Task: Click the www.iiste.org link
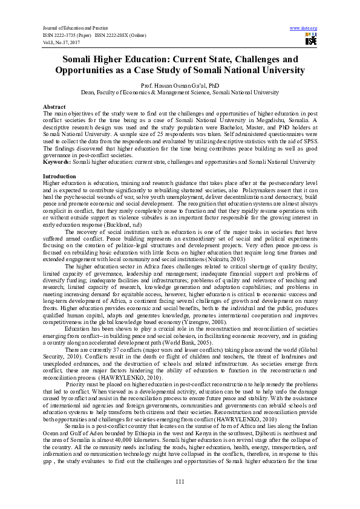(304, 28)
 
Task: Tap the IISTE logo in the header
(310, 40)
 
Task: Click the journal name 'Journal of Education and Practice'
(70, 28)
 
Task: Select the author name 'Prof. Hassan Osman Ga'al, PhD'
(179, 86)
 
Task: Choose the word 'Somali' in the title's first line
(85, 60)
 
